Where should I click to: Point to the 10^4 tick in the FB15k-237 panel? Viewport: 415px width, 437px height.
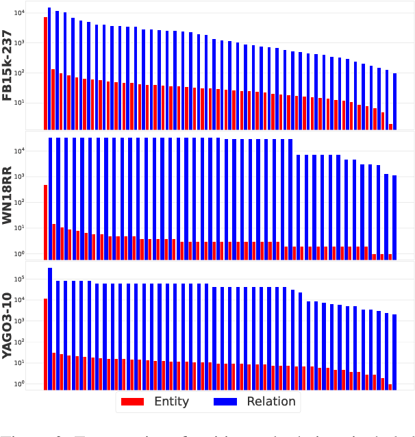pos(34,14)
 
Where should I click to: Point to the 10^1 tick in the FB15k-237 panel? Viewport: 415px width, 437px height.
pos(34,103)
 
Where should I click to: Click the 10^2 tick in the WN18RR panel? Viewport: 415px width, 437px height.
pos(34,202)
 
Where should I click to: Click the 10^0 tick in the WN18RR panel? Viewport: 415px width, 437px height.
pos(34,253)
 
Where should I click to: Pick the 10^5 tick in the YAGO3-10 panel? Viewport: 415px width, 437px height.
pos(34,279)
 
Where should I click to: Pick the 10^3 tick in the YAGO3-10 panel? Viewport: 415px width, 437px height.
pos(34,321)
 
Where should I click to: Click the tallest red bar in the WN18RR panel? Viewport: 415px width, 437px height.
pos(46,222)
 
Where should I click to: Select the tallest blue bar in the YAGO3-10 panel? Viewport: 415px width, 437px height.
pos(50,329)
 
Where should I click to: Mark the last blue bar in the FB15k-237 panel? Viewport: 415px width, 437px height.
pos(394,101)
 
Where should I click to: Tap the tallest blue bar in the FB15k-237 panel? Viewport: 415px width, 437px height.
pos(50,68)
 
